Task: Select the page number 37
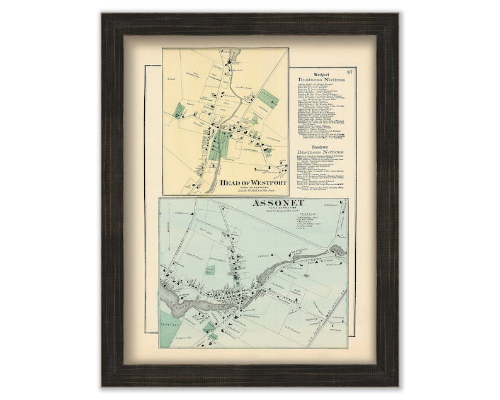[350, 71]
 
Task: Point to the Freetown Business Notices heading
[321, 152]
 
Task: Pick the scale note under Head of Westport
[253, 191]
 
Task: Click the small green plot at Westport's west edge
[179, 110]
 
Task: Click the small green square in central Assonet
[210, 270]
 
